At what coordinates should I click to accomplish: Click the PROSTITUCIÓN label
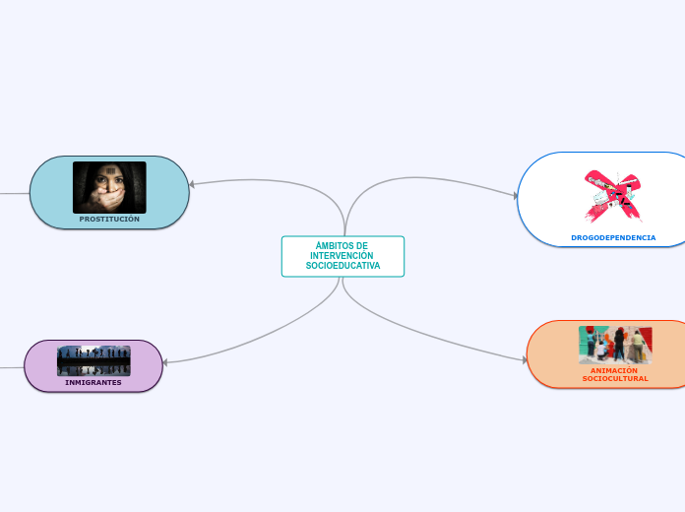109,220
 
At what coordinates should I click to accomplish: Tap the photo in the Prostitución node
109,187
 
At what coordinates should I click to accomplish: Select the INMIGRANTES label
93,382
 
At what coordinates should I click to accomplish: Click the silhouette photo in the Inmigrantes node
93,360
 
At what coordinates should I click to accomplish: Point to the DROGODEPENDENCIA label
613,237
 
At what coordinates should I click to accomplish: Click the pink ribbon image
612,196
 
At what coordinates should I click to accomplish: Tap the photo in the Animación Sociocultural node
615,345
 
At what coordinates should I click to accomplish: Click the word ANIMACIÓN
615,370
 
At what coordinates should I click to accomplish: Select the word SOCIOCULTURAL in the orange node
615,379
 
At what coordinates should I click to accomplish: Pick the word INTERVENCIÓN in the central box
342,256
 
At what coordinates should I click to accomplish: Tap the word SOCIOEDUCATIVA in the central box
342,266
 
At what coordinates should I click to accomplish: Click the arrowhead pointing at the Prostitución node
193,184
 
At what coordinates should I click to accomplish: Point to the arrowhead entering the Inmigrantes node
166,363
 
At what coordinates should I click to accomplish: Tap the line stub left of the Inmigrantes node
11,367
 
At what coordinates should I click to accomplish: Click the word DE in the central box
361,246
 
